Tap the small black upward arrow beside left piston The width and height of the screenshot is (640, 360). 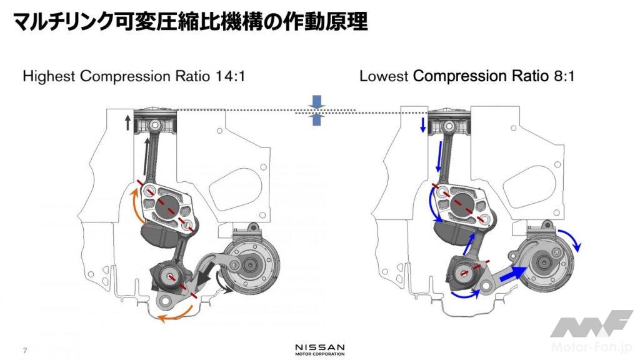(127, 122)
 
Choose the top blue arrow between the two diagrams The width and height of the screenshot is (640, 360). (317, 102)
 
